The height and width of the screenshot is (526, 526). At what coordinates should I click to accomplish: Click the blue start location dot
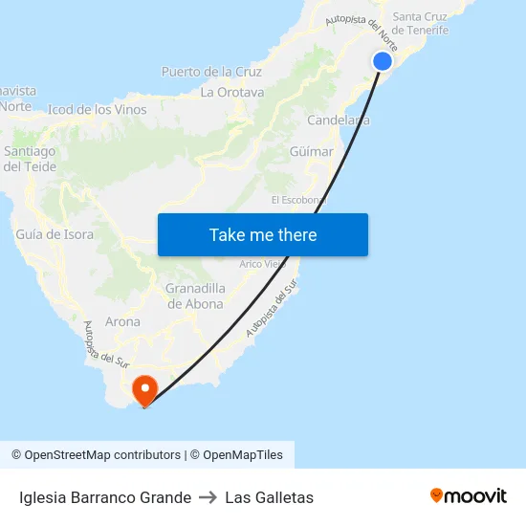click(382, 61)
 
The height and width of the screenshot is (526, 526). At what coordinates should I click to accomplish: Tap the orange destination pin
click(144, 388)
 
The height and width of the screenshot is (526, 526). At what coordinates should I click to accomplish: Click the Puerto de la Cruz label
click(211, 72)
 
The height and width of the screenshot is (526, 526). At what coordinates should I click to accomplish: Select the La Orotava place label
click(232, 93)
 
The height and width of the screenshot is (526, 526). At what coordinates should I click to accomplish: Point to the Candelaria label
click(339, 121)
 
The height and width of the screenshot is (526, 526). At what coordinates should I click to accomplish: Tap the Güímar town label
click(311, 152)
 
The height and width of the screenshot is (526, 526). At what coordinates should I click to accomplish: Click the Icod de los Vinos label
click(98, 110)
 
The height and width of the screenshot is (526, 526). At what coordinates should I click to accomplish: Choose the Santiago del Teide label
click(30, 159)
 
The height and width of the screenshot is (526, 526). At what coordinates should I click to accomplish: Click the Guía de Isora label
click(55, 234)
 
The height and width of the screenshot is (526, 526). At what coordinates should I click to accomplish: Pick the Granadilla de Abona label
click(195, 296)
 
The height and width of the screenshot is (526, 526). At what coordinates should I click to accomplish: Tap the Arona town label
click(122, 322)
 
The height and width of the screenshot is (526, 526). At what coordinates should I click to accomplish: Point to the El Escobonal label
click(298, 200)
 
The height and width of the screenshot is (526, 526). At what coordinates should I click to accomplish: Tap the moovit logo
click(469, 496)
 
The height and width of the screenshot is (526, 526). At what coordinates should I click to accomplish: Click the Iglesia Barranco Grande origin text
click(105, 497)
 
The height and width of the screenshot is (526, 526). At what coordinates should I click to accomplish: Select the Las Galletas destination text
click(270, 497)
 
